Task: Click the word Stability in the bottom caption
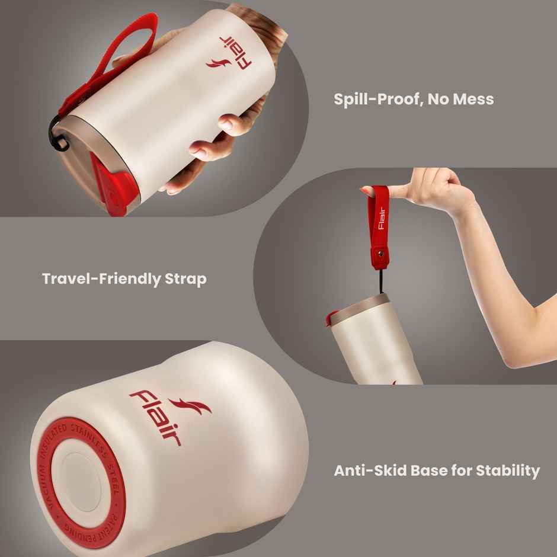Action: pyautogui.click(x=507, y=471)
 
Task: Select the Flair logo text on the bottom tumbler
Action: pyautogui.click(x=155, y=417)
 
